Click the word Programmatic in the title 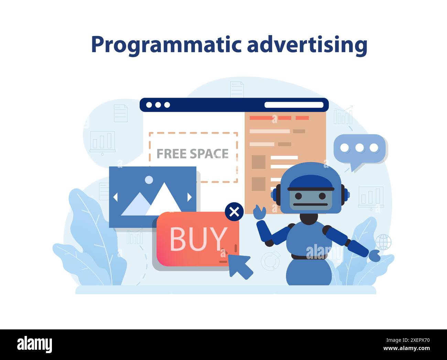pos(166,45)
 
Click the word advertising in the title pos(307,45)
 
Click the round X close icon pos(234,212)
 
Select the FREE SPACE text pos(193,154)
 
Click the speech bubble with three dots pos(359,149)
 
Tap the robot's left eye pos(298,196)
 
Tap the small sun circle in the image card pos(149,179)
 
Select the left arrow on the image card pos(115,197)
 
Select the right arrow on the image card pos(189,197)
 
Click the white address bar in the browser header pos(294,105)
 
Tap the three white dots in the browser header pos(158,105)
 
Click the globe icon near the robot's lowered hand pos(383,242)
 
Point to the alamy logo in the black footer pos(34,345)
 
